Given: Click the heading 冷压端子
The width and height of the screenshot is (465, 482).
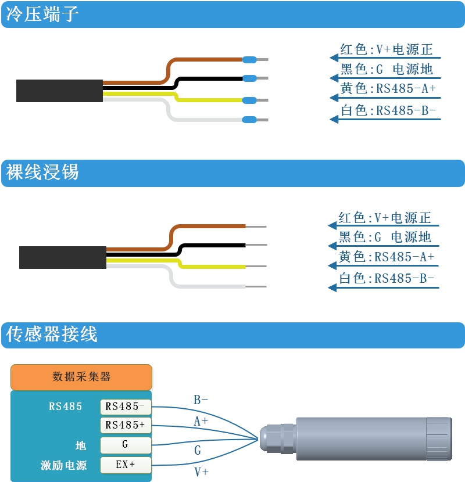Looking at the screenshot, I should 42,15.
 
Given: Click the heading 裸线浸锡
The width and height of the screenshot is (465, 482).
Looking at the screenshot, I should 42,172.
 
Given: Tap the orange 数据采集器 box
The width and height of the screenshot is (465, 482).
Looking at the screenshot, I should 81,377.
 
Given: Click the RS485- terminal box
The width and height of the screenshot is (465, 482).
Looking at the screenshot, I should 126,407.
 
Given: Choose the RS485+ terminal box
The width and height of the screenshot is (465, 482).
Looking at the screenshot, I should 126,426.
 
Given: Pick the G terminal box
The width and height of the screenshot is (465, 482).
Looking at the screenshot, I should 126,445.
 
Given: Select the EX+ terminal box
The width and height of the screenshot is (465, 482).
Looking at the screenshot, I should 126,465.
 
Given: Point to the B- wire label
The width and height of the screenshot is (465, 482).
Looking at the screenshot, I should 201,400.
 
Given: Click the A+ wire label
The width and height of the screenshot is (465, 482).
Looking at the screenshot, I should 201,422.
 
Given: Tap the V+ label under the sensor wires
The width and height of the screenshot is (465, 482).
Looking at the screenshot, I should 201,472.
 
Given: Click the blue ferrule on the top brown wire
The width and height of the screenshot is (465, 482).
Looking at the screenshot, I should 249,59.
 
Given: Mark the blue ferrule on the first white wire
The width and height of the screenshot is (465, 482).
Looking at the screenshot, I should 249,120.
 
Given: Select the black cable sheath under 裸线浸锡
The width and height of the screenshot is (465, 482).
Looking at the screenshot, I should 62,257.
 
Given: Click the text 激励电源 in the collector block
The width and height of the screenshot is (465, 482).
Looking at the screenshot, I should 64,465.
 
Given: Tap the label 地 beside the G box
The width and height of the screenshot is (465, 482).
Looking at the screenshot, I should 81,445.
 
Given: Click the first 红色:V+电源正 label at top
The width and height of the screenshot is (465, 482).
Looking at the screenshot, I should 386,50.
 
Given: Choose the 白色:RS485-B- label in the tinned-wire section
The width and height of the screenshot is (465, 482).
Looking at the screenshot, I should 386,279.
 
